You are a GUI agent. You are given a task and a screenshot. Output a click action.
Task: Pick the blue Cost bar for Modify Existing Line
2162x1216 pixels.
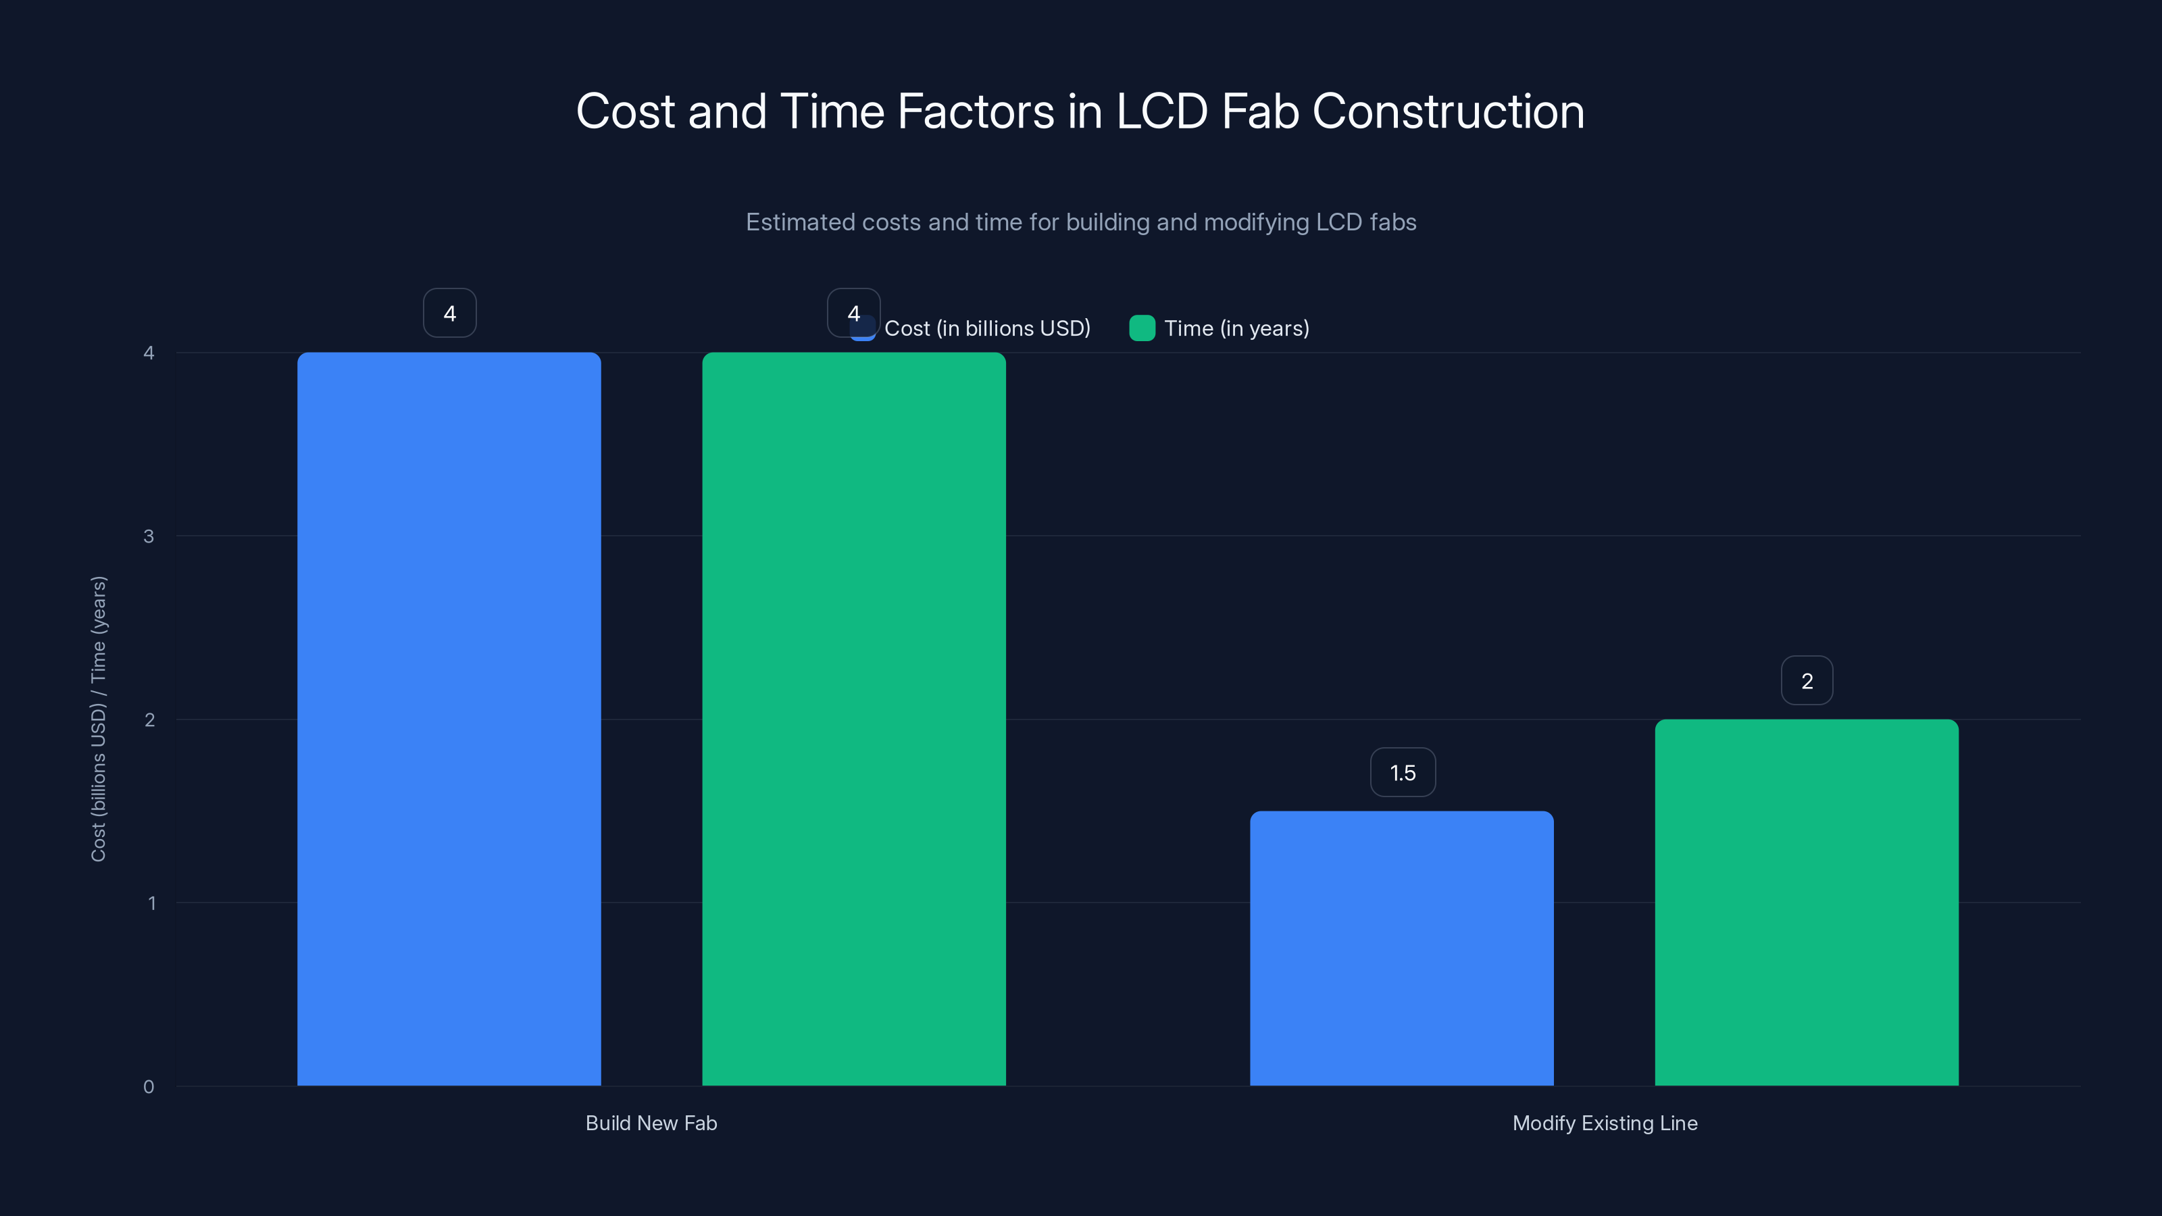click(1402, 948)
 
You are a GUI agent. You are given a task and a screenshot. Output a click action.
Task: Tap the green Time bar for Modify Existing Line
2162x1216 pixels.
click(1806, 902)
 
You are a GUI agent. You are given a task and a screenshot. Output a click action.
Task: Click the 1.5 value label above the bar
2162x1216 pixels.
click(1403, 772)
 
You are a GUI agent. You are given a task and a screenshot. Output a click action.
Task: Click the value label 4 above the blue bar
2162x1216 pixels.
click(450, 313)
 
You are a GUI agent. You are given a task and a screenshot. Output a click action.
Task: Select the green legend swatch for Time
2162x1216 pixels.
click(1141, 328)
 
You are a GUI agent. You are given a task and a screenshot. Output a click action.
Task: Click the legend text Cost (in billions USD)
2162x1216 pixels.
click(987, 328)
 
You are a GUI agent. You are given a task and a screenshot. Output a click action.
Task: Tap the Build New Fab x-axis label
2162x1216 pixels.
click(651, 1123)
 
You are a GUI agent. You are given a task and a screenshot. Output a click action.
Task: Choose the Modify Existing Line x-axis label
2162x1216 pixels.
click(1605, 1123)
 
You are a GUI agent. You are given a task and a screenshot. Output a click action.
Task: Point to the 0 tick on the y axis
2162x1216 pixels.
click(149, 1087)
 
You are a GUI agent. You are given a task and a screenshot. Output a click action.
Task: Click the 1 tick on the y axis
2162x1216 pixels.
click(152, 903)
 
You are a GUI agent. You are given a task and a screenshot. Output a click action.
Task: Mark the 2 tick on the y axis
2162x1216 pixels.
click(149, 720)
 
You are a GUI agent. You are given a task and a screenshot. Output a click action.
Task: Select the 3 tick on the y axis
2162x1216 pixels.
click(149, 536)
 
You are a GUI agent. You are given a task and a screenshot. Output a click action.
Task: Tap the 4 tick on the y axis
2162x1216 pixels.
click(149, 353)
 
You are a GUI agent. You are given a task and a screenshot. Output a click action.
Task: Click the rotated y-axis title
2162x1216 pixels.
click(98, 718)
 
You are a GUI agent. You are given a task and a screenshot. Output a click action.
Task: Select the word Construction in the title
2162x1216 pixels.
click(1448, 111)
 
